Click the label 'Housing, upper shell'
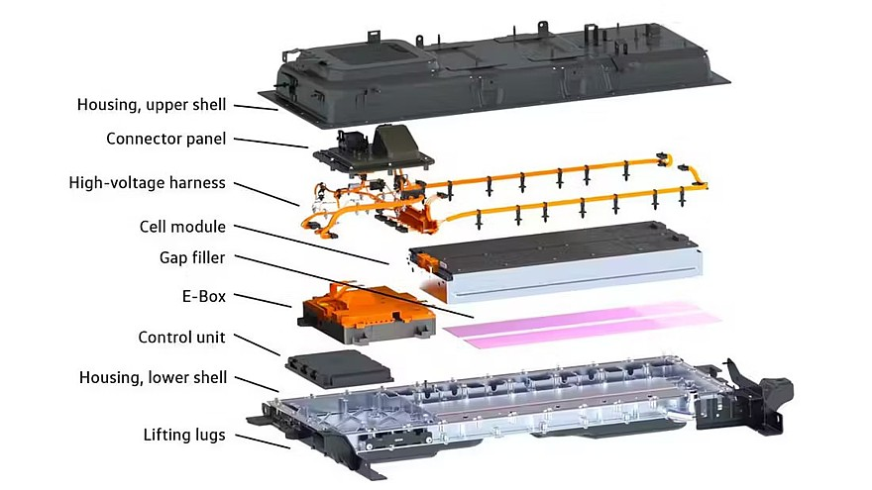pyautogui.click(x=152, y=105)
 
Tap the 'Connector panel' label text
pyautogui.click(x=165, y=139)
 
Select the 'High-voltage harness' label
pyautogui.click(x=148, y=183)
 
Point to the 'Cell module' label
pyautogui.click(x=182, y=227)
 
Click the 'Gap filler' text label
pyautogui.click(x=192, y=257)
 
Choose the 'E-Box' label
pyautogui.click(x=204, y=297)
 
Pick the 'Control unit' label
pyautogui.click(x=182, y=338)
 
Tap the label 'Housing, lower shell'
pyautogui.click(x=153, y=378)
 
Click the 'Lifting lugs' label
pyautogui.click(x=184, y=435)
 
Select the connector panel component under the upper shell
pyautogui.click(x=374, y=147)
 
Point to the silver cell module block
pyautogui.click(x=556, y=260)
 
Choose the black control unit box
pyautogui.click(x=339, y=368)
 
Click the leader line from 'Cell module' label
pyautogui.click(x=311, y=245)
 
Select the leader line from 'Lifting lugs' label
pyautogui.click(x=262, y=441)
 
